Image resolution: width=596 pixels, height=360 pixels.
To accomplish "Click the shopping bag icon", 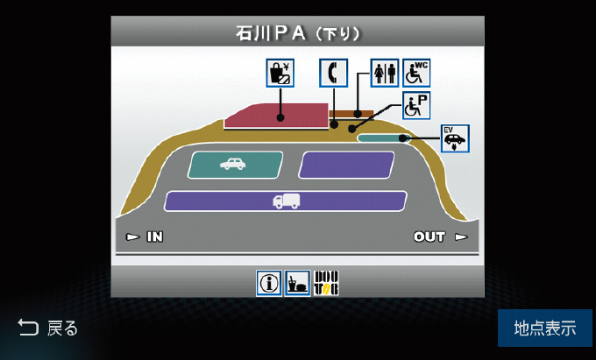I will pos(280,72).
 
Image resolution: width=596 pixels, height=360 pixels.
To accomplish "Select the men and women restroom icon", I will pos(385,72).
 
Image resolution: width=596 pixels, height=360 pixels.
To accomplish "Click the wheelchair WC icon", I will pos(416,72).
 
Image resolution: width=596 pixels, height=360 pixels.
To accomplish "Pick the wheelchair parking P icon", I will pos(416,106).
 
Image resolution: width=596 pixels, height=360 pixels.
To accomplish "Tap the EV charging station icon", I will pos(455,138).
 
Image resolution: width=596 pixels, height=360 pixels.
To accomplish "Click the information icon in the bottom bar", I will pos(269,282).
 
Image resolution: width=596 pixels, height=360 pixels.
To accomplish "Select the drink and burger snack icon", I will pos(298,282).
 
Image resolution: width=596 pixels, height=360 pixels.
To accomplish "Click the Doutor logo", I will pos(326,282).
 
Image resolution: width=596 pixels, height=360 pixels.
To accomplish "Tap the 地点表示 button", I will pos(544,328).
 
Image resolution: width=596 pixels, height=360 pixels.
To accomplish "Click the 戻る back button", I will pos(48,328).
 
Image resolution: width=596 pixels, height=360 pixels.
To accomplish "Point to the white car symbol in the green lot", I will pos(233,164).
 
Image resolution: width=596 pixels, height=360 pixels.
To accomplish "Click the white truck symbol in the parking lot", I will pos(286,201).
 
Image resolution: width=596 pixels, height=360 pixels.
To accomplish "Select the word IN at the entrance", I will pos(154,236).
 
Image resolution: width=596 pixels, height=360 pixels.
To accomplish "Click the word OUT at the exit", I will pos(430,236).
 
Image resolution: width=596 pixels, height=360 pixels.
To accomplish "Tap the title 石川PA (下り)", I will pos(298,33).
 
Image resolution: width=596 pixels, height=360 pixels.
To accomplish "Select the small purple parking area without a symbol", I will pos(346,165).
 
